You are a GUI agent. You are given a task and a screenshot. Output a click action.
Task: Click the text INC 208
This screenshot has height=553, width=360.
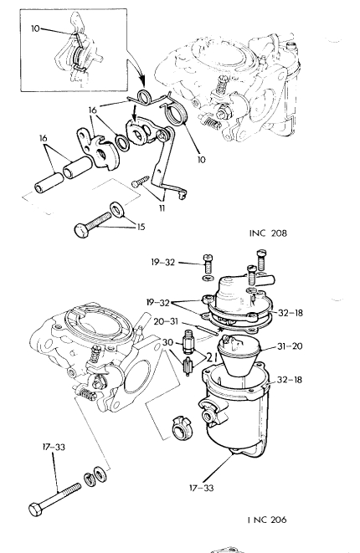click(x=268, y=233)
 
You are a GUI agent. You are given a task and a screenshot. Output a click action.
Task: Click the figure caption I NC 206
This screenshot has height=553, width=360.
click(x=267, y=520)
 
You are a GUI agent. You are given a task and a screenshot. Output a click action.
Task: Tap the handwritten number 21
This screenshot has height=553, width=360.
click(x=211, y=357)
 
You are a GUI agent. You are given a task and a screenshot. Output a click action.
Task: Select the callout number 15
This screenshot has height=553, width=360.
click(x=141, y=227)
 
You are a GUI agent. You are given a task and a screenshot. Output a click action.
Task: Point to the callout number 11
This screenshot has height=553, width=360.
click(x=162, y=208)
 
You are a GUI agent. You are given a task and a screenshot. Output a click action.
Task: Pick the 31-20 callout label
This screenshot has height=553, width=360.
click(x=290, y=346)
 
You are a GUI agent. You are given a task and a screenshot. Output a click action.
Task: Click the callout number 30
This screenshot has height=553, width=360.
click(x=168, y=342)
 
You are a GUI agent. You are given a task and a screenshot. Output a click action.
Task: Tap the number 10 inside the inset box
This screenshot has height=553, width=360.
click(x=35, y=28)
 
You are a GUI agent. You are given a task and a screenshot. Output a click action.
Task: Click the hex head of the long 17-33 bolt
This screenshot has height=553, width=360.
click(x=36, y=509)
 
